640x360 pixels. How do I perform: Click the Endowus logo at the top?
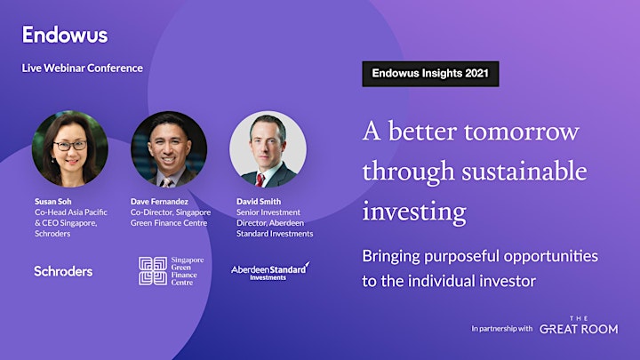(65, 35)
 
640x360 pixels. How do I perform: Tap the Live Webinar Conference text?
(83, 68)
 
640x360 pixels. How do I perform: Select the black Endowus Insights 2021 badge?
(430, 74)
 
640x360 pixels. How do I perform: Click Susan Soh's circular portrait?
(70, 149)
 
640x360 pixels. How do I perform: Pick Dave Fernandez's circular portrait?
(169, 149)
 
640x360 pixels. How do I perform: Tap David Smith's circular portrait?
(268, 149)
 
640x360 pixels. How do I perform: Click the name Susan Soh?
(53, 202)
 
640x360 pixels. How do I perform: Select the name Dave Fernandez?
(160, 202)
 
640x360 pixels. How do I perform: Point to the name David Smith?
(259, 202)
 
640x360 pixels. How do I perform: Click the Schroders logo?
(63, 271)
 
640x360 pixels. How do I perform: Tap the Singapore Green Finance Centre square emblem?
(153, 271)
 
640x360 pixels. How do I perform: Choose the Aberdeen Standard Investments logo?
(270, 271)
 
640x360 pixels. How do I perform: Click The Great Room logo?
(579, 325)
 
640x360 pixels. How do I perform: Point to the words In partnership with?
(502, 329)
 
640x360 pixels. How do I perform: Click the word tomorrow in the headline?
(522, 132)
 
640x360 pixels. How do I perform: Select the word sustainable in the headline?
(524, 172)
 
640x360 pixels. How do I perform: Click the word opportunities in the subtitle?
(550, 257)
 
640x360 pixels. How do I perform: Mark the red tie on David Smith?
(260, 180)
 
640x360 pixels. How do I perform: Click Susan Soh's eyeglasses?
(70, 145)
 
